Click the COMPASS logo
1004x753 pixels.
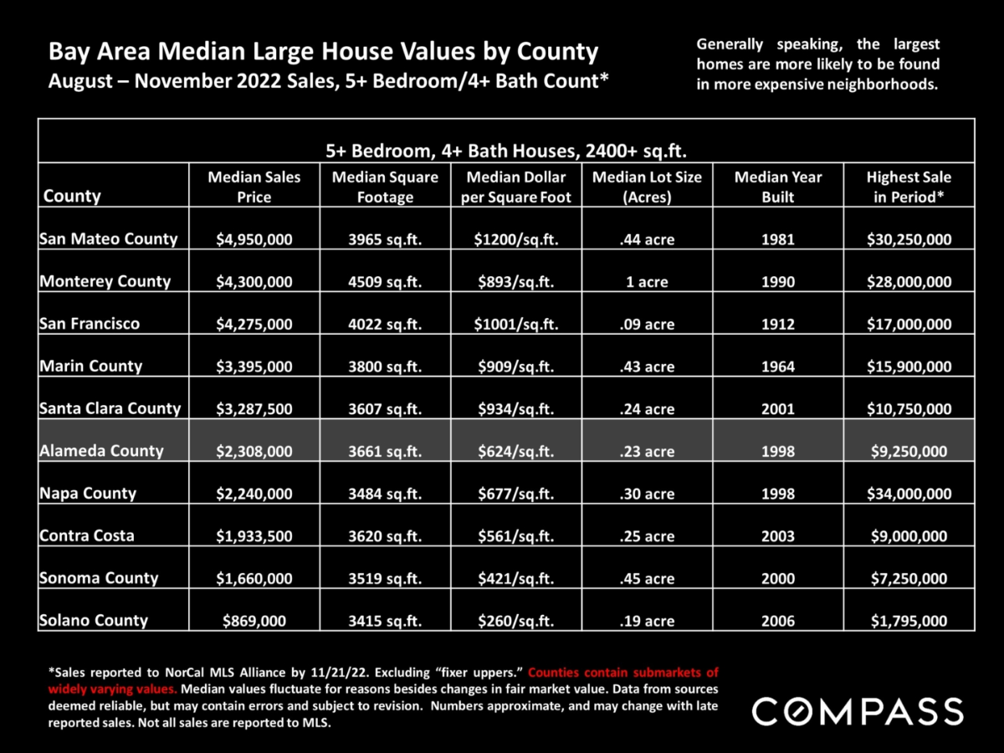pyautogui.click(x=858, y=711)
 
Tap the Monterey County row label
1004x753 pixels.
pyautogui.click(x=105, y=281)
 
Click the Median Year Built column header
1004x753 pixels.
pyautogui.click(x=777, y=187)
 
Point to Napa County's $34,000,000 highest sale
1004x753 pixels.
pyautogui.click(x=909, y=494)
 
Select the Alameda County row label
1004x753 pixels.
pyautogui.click(x=101, y=451)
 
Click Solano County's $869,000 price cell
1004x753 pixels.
pyautogui.click(x=254, y=621)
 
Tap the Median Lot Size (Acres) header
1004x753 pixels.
pyautogui.click(x=647, y=187)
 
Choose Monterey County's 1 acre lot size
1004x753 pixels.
pyautogui.click(x=647, y=282)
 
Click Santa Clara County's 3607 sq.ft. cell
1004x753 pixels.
pyautogui.click(x=385, y=409)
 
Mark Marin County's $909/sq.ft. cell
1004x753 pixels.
pyautogui.click(x=516, y=366)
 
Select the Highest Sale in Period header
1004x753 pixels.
pyautogui.click(x=909, y=187)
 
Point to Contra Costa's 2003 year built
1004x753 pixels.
pyautogui.click(x=777, y=535)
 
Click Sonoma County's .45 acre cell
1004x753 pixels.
pyautogui.click(x=647, y=578)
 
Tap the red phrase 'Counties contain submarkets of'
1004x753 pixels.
pyautogui.click(x=623, y=672)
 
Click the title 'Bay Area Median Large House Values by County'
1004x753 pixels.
pyautogui.click(x=324, y=52)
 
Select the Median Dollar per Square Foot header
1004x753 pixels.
pyautogui.click(x=516, y=187)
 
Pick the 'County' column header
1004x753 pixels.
pyautogui.click(x=72, y=196)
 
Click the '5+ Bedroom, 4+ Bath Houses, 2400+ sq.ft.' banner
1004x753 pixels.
pyautogui.click(x=506, y=151)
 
